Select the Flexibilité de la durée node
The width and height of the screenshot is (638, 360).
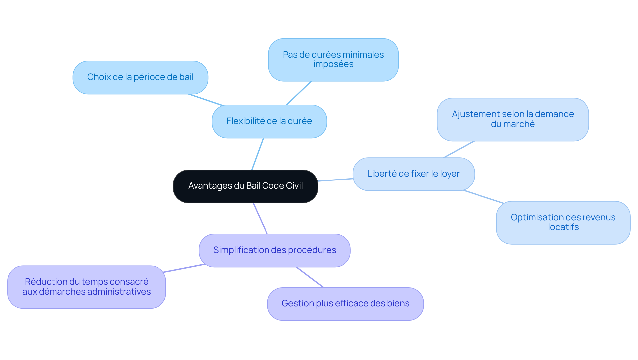point(269,121)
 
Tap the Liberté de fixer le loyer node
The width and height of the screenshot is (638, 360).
point(413,174)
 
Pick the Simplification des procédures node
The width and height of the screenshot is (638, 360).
point(274,250)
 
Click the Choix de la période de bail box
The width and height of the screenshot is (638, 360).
point(140,77)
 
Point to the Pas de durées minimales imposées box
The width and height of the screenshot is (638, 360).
point(333,60)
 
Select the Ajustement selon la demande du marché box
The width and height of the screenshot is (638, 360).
point(513,119)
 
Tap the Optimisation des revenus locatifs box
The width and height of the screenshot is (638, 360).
point(563,222)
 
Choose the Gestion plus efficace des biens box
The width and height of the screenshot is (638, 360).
point(345,304)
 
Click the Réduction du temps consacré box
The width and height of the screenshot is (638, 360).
point(86,287)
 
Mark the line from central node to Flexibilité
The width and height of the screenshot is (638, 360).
point(258,154)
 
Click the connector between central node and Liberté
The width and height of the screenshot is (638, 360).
point(335,180)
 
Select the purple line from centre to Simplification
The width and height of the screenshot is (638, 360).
point(260,218)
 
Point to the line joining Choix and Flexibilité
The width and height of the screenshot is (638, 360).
point(205,100)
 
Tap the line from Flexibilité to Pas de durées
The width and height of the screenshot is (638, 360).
point(299,93)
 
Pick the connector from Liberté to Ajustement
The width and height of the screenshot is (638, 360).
point(459,149)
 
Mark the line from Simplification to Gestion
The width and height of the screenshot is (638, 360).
point(310,277)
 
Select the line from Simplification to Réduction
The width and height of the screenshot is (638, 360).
point(184,268)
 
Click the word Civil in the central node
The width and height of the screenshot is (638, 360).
point(294,186)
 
